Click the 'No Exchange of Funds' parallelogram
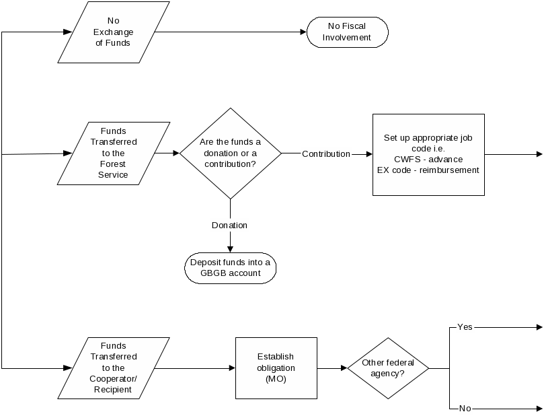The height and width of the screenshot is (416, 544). click(x=114, y=32)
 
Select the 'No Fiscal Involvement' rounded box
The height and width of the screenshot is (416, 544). click(x=347, y=32)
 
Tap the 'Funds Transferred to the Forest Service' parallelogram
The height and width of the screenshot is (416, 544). click(x=114, y=153)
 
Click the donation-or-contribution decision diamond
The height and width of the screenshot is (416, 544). click(x=230, y=153)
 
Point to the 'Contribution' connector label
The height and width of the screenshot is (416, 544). click(x=326, y=154)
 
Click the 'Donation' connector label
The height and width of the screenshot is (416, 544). click(x=230, y=225)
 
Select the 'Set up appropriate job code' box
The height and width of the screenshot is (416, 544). click(x=428, y=154)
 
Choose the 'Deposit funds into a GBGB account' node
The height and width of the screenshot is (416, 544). click(x=231, y=268)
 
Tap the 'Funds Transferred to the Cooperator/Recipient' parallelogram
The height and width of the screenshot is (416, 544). click(x=114, y=368)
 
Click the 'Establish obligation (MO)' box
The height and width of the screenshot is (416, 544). click(x=276, y=368)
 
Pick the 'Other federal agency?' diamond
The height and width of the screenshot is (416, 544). click(x=388, y=368)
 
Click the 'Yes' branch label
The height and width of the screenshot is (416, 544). click(x=465, y=327)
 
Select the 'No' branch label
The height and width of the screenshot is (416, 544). click(x=465, y=408)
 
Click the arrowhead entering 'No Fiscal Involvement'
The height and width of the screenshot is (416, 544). click(x=303, y=32)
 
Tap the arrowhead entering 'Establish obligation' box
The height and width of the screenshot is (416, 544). click(x=231, y=368)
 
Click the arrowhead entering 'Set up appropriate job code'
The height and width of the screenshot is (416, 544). click(x=368, y=154)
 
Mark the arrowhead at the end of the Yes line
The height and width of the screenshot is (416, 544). click(x=539, y=327)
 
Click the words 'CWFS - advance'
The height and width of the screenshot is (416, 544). click(x=428, y=160)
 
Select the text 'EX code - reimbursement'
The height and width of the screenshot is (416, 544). click(x=428, y=170)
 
